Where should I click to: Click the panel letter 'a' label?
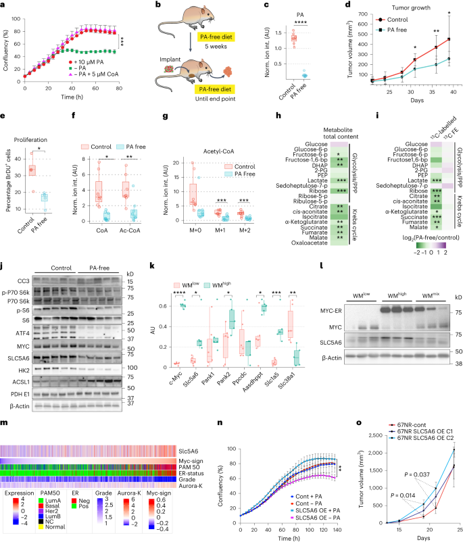pyautogui.click(x=4, y=5)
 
